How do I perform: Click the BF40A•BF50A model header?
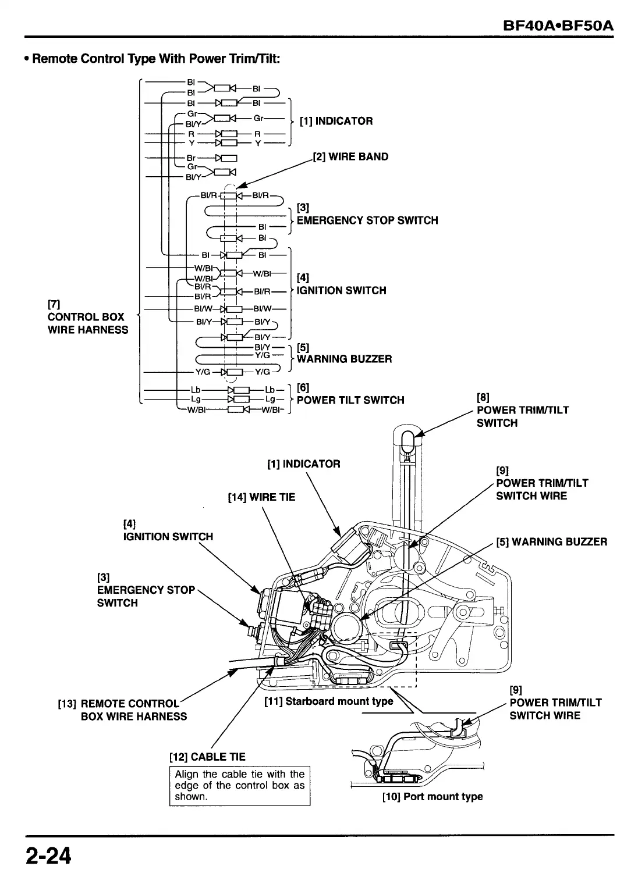point(558,26)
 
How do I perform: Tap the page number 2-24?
point(48,855)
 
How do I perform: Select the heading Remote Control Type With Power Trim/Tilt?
point(152,59)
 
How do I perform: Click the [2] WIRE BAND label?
point(350,156)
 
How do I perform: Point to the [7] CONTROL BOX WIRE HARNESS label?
point(88,317)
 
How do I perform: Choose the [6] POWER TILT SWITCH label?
point(350,394)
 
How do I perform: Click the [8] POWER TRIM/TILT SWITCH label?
point(523,410)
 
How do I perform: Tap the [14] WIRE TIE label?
point(261,497)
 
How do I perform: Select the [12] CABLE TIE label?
point(207,757)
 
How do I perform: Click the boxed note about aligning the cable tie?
point(239,786)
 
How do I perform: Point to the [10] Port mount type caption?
point(433,797)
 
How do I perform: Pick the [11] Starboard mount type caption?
point(328,701)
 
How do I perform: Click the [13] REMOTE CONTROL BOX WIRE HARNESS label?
point(122,710)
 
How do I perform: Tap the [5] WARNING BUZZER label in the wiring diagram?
point(344,353)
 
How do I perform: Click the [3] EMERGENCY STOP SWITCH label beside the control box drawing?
point(146,590)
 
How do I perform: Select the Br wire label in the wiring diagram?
point(191,158)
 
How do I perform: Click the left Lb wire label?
point(195,390)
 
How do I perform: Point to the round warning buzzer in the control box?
point(346,626)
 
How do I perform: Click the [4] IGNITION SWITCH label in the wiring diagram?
point(341,284)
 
